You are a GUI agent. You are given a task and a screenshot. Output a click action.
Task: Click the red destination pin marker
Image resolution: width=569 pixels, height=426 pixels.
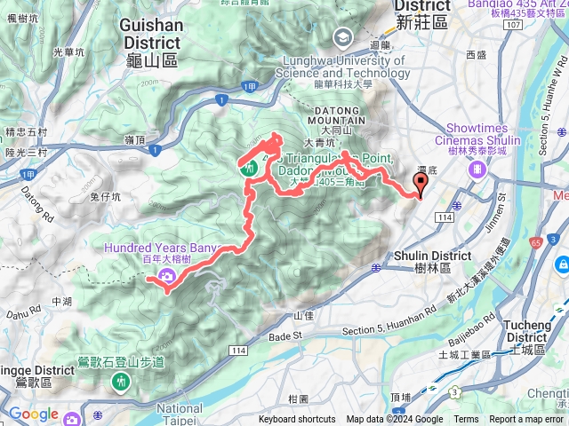(x=419, y=182)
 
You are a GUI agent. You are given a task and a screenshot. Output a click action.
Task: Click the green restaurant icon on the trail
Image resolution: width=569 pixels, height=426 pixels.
(x=248, y=165)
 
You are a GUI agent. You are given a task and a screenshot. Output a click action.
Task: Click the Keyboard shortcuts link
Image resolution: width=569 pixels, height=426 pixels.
(x=297, y=420)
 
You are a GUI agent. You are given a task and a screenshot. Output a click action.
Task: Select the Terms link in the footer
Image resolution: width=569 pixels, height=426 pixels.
(x=466, y=420)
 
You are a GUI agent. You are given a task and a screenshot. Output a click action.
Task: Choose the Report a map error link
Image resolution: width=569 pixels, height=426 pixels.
(x=527, y=420)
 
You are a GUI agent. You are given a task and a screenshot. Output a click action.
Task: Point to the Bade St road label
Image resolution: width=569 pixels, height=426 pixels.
(x=285, y=336)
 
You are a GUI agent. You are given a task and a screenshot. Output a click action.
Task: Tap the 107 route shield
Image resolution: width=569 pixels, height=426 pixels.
(x=511, y=24)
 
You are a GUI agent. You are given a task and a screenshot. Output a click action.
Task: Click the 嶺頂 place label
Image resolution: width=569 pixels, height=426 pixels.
(x=134, y=139)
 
